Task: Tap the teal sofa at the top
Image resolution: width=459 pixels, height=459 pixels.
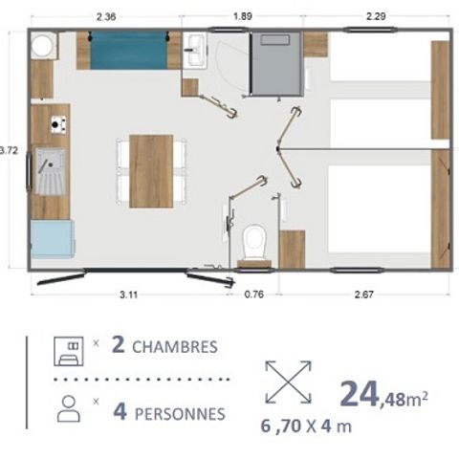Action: [128, 48]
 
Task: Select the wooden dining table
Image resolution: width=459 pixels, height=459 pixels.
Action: [152, 171]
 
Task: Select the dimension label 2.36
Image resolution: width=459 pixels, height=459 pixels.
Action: [107, 15]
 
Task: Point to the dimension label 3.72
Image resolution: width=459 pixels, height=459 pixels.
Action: [10, 149]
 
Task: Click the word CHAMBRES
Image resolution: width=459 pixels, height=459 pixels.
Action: [174, 345]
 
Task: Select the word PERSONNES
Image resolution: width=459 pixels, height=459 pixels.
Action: [180, 413]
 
